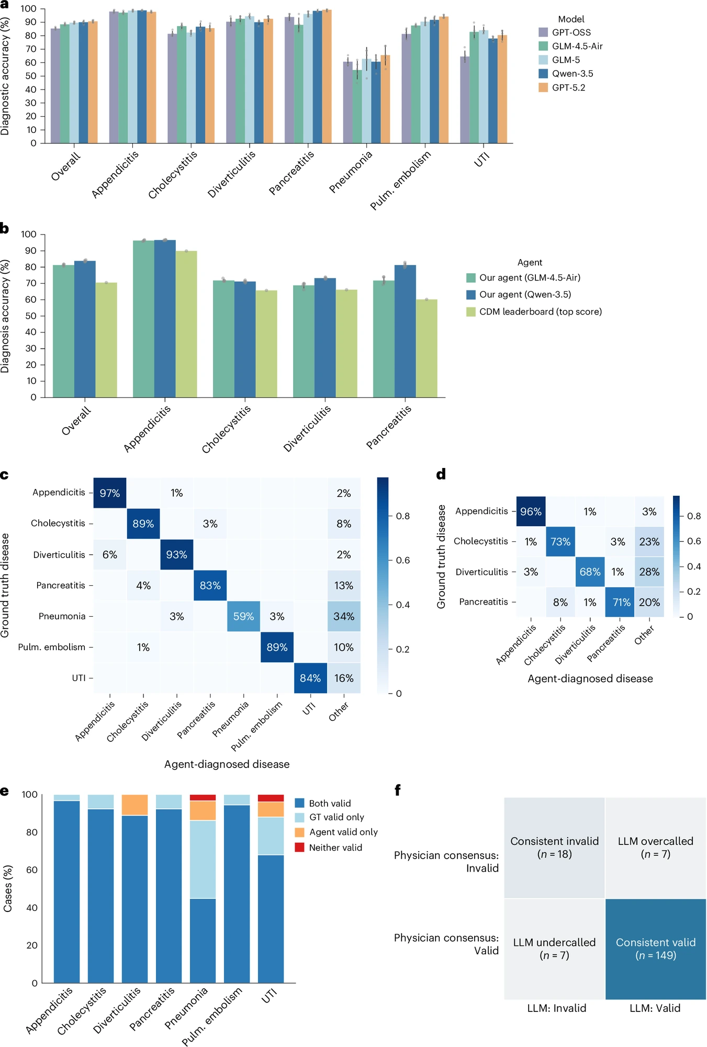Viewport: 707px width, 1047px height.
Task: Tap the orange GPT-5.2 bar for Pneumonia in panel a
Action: [385, 99]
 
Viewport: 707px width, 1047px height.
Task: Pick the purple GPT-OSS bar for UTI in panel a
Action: [465, 99]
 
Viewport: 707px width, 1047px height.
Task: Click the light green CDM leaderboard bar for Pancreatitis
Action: [427, 348]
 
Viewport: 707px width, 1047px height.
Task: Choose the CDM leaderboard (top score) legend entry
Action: [534, 312]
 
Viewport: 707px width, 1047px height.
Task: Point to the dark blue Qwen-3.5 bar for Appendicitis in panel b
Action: [165, 318]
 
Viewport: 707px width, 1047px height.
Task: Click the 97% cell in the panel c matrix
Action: [110, 493]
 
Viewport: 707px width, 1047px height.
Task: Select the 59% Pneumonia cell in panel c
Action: [243, 617]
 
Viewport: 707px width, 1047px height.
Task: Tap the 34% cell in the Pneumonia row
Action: [344, 617]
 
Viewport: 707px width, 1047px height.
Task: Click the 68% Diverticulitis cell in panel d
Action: [590, 572]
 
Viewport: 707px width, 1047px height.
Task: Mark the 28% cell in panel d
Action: [649, 572]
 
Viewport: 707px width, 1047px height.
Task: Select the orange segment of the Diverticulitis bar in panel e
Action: [134, 805]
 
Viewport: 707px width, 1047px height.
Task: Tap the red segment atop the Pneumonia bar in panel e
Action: [203, 798]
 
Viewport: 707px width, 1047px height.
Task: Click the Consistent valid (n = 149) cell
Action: [656, 949]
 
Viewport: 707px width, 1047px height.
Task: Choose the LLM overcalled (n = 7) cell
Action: [656, 848]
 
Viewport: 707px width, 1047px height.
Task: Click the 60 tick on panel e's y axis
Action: [31, 870]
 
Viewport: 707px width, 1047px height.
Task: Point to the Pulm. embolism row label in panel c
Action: [51, 648]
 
